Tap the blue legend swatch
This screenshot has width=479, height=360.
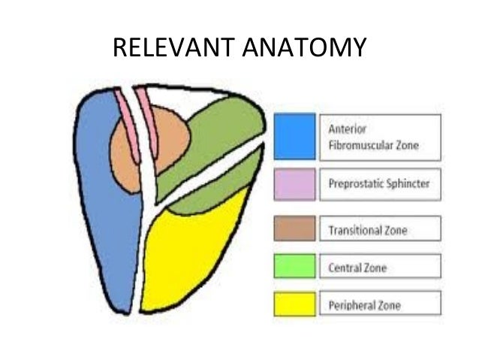coord(294,136)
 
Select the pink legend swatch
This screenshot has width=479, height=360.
coord(294,183)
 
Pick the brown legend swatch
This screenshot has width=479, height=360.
coord(294,228)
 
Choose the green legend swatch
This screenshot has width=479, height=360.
coord(294,266)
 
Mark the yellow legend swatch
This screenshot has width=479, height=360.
coord(294,304)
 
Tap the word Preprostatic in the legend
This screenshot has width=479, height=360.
coord(356,183)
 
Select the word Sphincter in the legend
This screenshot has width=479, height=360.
coord(405,183)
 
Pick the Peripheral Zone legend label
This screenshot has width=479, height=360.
coord(364,305)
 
